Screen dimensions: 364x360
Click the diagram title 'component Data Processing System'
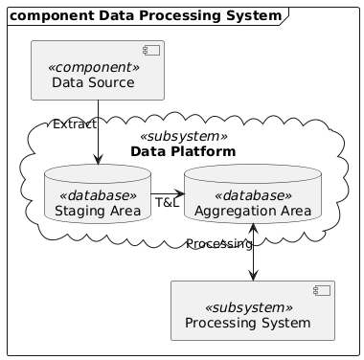pos(146,15)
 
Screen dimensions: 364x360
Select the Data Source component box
pos(98,70)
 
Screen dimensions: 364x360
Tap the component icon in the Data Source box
pos(151,51)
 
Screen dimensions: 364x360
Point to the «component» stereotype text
pos(94,68)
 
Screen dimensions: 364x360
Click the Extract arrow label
pos(75,124)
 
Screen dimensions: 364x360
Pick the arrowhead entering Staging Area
pos(98,159)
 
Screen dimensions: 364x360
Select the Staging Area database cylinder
pos(98,194)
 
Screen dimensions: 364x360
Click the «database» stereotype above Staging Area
pos(98,195)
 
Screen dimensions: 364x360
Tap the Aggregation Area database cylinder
pos(253,194)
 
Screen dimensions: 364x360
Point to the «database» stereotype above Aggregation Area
pos(253,195)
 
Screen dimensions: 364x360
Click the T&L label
pos(168,202)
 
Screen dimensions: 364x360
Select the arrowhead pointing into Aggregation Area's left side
pos(179,193)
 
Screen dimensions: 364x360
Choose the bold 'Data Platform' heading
pos(183,151)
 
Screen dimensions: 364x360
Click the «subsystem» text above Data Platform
pos(184,137)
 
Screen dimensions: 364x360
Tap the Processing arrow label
pos(219,244)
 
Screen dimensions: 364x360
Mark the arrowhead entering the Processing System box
pos(253,276)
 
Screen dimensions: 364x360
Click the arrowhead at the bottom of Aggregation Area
pos(253,229)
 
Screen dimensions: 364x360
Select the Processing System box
pos(253,310)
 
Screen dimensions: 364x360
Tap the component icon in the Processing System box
pos(322,291)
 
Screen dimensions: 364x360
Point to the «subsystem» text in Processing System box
pos(248,308)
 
